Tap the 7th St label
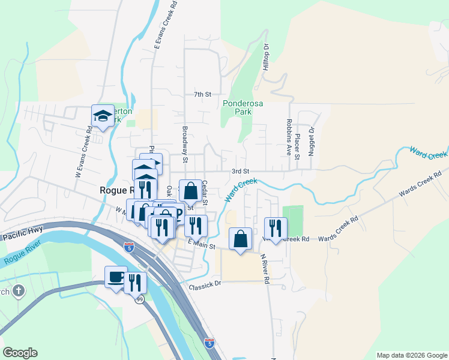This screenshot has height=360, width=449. pyautogui.click(x=203, y=95)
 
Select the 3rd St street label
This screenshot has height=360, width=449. pyautogui.click(x=240, y=171)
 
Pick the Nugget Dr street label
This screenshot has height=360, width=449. pyautogui.click(x=312, y=142)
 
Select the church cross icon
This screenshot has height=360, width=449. pyautogui.click(x=19, y=292)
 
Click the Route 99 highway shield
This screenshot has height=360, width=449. pyautogui.click(x=139, y=299)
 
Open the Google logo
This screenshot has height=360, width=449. pyautogui.click(x=20, y=353)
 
